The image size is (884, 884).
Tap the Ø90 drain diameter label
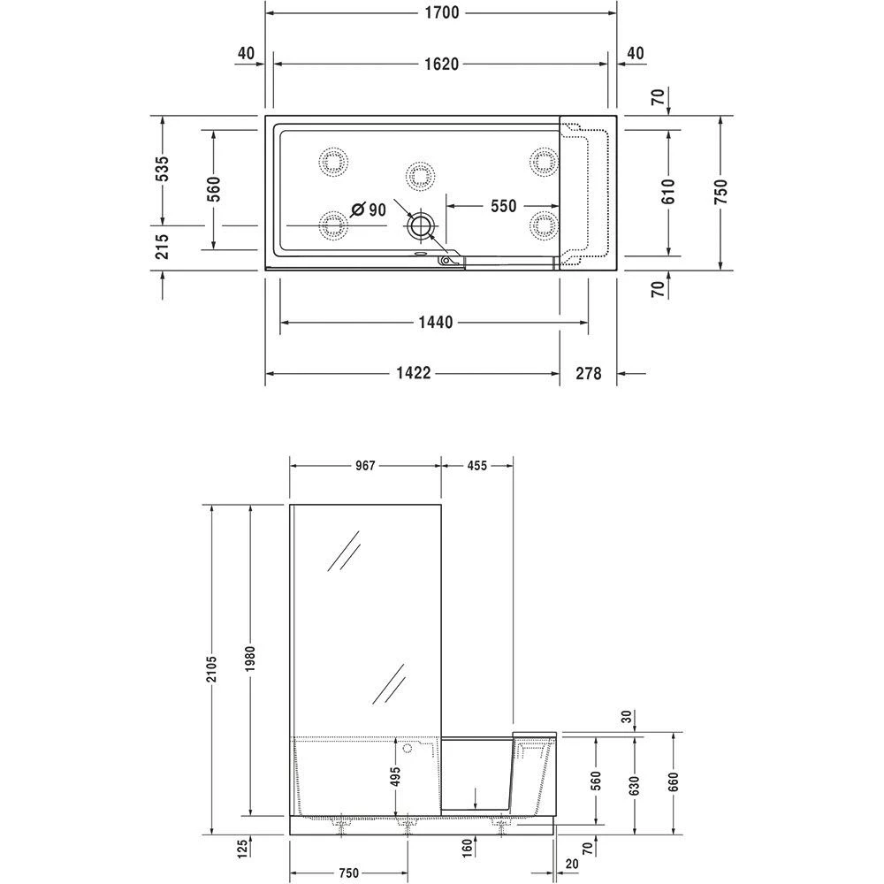click(369, 210)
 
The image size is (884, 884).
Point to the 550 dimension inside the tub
click(501, 206)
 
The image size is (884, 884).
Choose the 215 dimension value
click(163, 246)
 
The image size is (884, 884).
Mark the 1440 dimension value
click(435, 324)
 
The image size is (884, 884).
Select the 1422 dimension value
click(412, 373)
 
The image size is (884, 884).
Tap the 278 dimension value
click(588, 373)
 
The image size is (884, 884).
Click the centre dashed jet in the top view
click(419, 175)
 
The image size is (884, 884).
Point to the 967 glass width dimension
click(364, 466)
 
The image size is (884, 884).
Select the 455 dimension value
click(477, 466)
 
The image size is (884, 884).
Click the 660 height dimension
click(674, 781)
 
